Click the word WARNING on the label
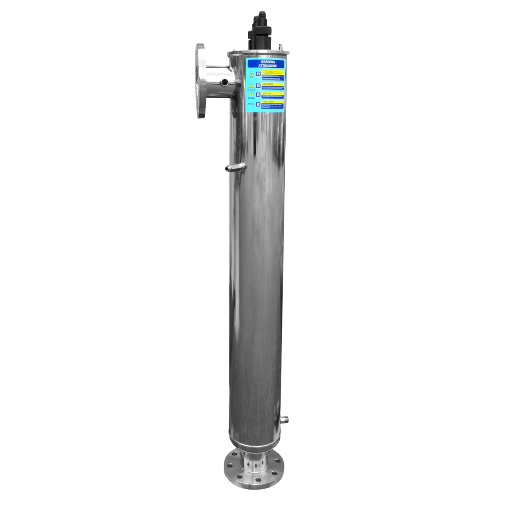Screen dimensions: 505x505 (x=267, y=62)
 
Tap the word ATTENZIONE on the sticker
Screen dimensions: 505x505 (x=267, y=65)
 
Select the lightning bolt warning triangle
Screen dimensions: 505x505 (x=251, y=94)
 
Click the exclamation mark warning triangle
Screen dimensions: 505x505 (x=251, y=86)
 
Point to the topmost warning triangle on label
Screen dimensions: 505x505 (x=251, y=74)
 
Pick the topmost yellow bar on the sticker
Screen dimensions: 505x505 (x=273, y=72)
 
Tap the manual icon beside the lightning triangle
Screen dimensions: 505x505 (x=258, y=94)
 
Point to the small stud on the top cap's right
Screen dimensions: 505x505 (x=281, y=47)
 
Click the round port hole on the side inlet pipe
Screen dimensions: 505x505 (x=225, y=82)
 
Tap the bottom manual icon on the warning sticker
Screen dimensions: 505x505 (x=258, y=104)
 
